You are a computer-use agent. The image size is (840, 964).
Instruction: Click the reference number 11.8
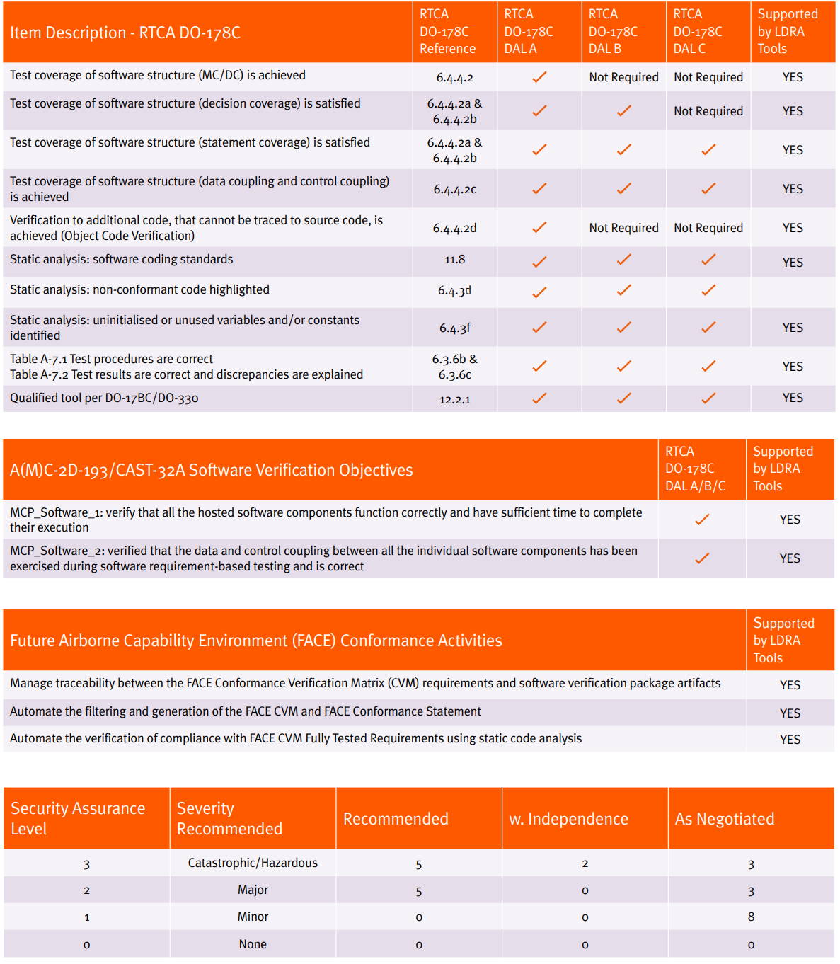click(454, 260)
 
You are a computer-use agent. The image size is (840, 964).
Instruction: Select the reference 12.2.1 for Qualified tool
click(454, 399)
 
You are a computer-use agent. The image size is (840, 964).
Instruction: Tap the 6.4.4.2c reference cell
click(454, 189)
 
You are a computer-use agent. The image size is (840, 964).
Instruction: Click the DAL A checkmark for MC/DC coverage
click(539, 77)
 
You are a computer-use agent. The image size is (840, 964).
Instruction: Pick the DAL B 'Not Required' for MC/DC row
click(623, 77)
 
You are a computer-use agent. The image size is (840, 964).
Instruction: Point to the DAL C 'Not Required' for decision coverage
click(708, 111)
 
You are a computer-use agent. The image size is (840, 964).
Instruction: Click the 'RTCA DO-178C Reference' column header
click(447, 32)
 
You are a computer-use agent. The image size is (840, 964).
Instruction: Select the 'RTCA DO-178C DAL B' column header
click(613, 32)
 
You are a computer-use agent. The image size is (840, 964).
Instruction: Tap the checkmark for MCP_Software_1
click(702, 520)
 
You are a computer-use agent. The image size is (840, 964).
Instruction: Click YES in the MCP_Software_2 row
click(790, 558)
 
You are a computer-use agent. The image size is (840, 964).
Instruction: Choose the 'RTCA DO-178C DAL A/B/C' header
click(695, 469)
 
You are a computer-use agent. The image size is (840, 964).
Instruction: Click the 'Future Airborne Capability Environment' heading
click(256, 641)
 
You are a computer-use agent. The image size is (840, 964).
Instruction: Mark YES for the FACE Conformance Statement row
click(790, 713)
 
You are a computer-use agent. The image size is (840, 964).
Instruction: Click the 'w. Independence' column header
click(568, 819)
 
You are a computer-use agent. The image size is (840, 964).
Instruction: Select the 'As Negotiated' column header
click(725, 819)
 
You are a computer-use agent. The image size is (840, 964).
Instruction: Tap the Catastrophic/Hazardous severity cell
click(253, 863)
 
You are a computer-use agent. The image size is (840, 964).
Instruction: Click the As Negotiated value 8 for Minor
click(751, 917)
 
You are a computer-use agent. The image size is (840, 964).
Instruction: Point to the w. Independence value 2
click(585, 863)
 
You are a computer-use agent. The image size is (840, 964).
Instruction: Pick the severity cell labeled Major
click(253, 890)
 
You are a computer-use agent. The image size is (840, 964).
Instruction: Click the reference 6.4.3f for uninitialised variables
click(454, 328)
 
